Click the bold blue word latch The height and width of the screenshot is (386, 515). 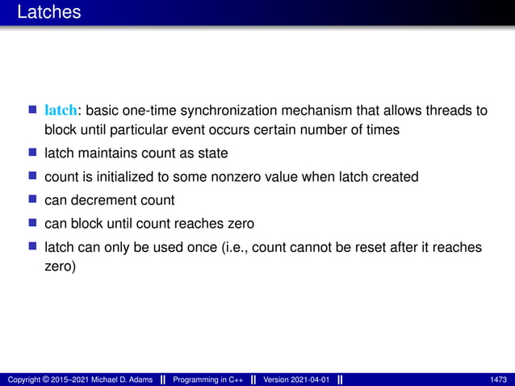tap(61, 110)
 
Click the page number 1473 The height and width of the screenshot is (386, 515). tap(498, 380)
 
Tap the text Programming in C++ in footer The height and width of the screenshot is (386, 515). tap(208, 380)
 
